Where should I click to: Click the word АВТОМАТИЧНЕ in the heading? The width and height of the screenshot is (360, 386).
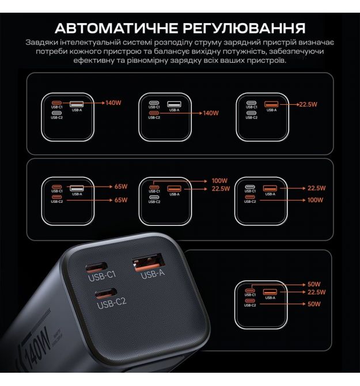(116, 28)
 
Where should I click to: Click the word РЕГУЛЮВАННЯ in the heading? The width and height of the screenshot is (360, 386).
(244, 28)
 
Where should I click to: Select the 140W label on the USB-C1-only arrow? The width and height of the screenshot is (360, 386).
(113, 103)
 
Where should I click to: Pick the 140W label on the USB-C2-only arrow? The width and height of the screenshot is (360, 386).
(211, 113)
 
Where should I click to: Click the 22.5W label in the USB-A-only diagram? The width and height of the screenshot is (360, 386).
(308, 104)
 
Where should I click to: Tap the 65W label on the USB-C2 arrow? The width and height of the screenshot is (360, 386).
(121, 200)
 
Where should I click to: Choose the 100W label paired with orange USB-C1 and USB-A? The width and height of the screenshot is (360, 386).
(219, 181)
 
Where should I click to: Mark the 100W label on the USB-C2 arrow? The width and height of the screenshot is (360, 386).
(315, 200)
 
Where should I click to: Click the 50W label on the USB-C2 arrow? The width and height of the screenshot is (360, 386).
(314, 304)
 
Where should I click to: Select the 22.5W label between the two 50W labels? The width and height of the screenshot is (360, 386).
(316, 292)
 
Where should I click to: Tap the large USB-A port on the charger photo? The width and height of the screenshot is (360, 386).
(149, 262)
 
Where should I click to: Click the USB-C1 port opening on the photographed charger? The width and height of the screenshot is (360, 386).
(96, 267)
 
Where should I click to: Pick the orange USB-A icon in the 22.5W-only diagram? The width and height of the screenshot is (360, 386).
(271, 104)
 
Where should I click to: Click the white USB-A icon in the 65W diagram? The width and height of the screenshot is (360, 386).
(77, 188)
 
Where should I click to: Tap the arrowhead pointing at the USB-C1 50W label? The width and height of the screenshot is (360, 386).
(304, 285)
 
